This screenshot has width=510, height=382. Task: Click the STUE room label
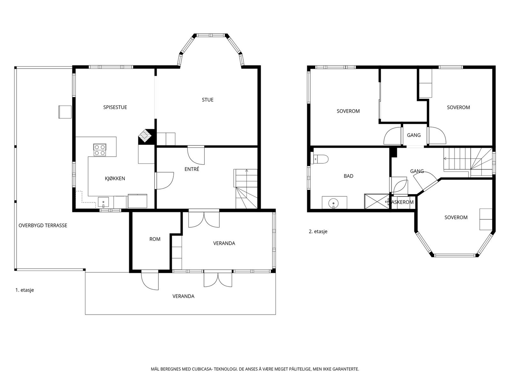(208, 100)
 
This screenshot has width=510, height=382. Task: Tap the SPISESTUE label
(115, 107)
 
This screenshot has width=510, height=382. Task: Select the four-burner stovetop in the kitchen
(100, 150)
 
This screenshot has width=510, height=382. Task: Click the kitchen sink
(103, 202)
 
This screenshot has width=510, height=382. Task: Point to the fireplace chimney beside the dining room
(146, 137)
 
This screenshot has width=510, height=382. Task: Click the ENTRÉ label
(192, 169)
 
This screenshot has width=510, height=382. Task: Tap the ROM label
(155, 239)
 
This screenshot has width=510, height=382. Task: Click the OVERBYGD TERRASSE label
(43, 225)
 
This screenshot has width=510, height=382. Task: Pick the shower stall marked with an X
(376, 201)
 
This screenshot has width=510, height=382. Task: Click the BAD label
(348, 176)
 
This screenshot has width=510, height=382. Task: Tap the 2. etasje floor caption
(318, 231)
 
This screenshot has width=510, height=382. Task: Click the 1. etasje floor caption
(25, 290)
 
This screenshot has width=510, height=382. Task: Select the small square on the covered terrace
(65, 112)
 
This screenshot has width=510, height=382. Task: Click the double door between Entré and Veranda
(204, 218)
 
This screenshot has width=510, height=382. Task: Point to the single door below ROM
(150, 280)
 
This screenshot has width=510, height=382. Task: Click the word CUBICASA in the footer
(202, 369)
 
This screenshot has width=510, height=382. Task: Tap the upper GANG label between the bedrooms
(414, 135)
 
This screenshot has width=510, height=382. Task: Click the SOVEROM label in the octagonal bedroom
(456, 217)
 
